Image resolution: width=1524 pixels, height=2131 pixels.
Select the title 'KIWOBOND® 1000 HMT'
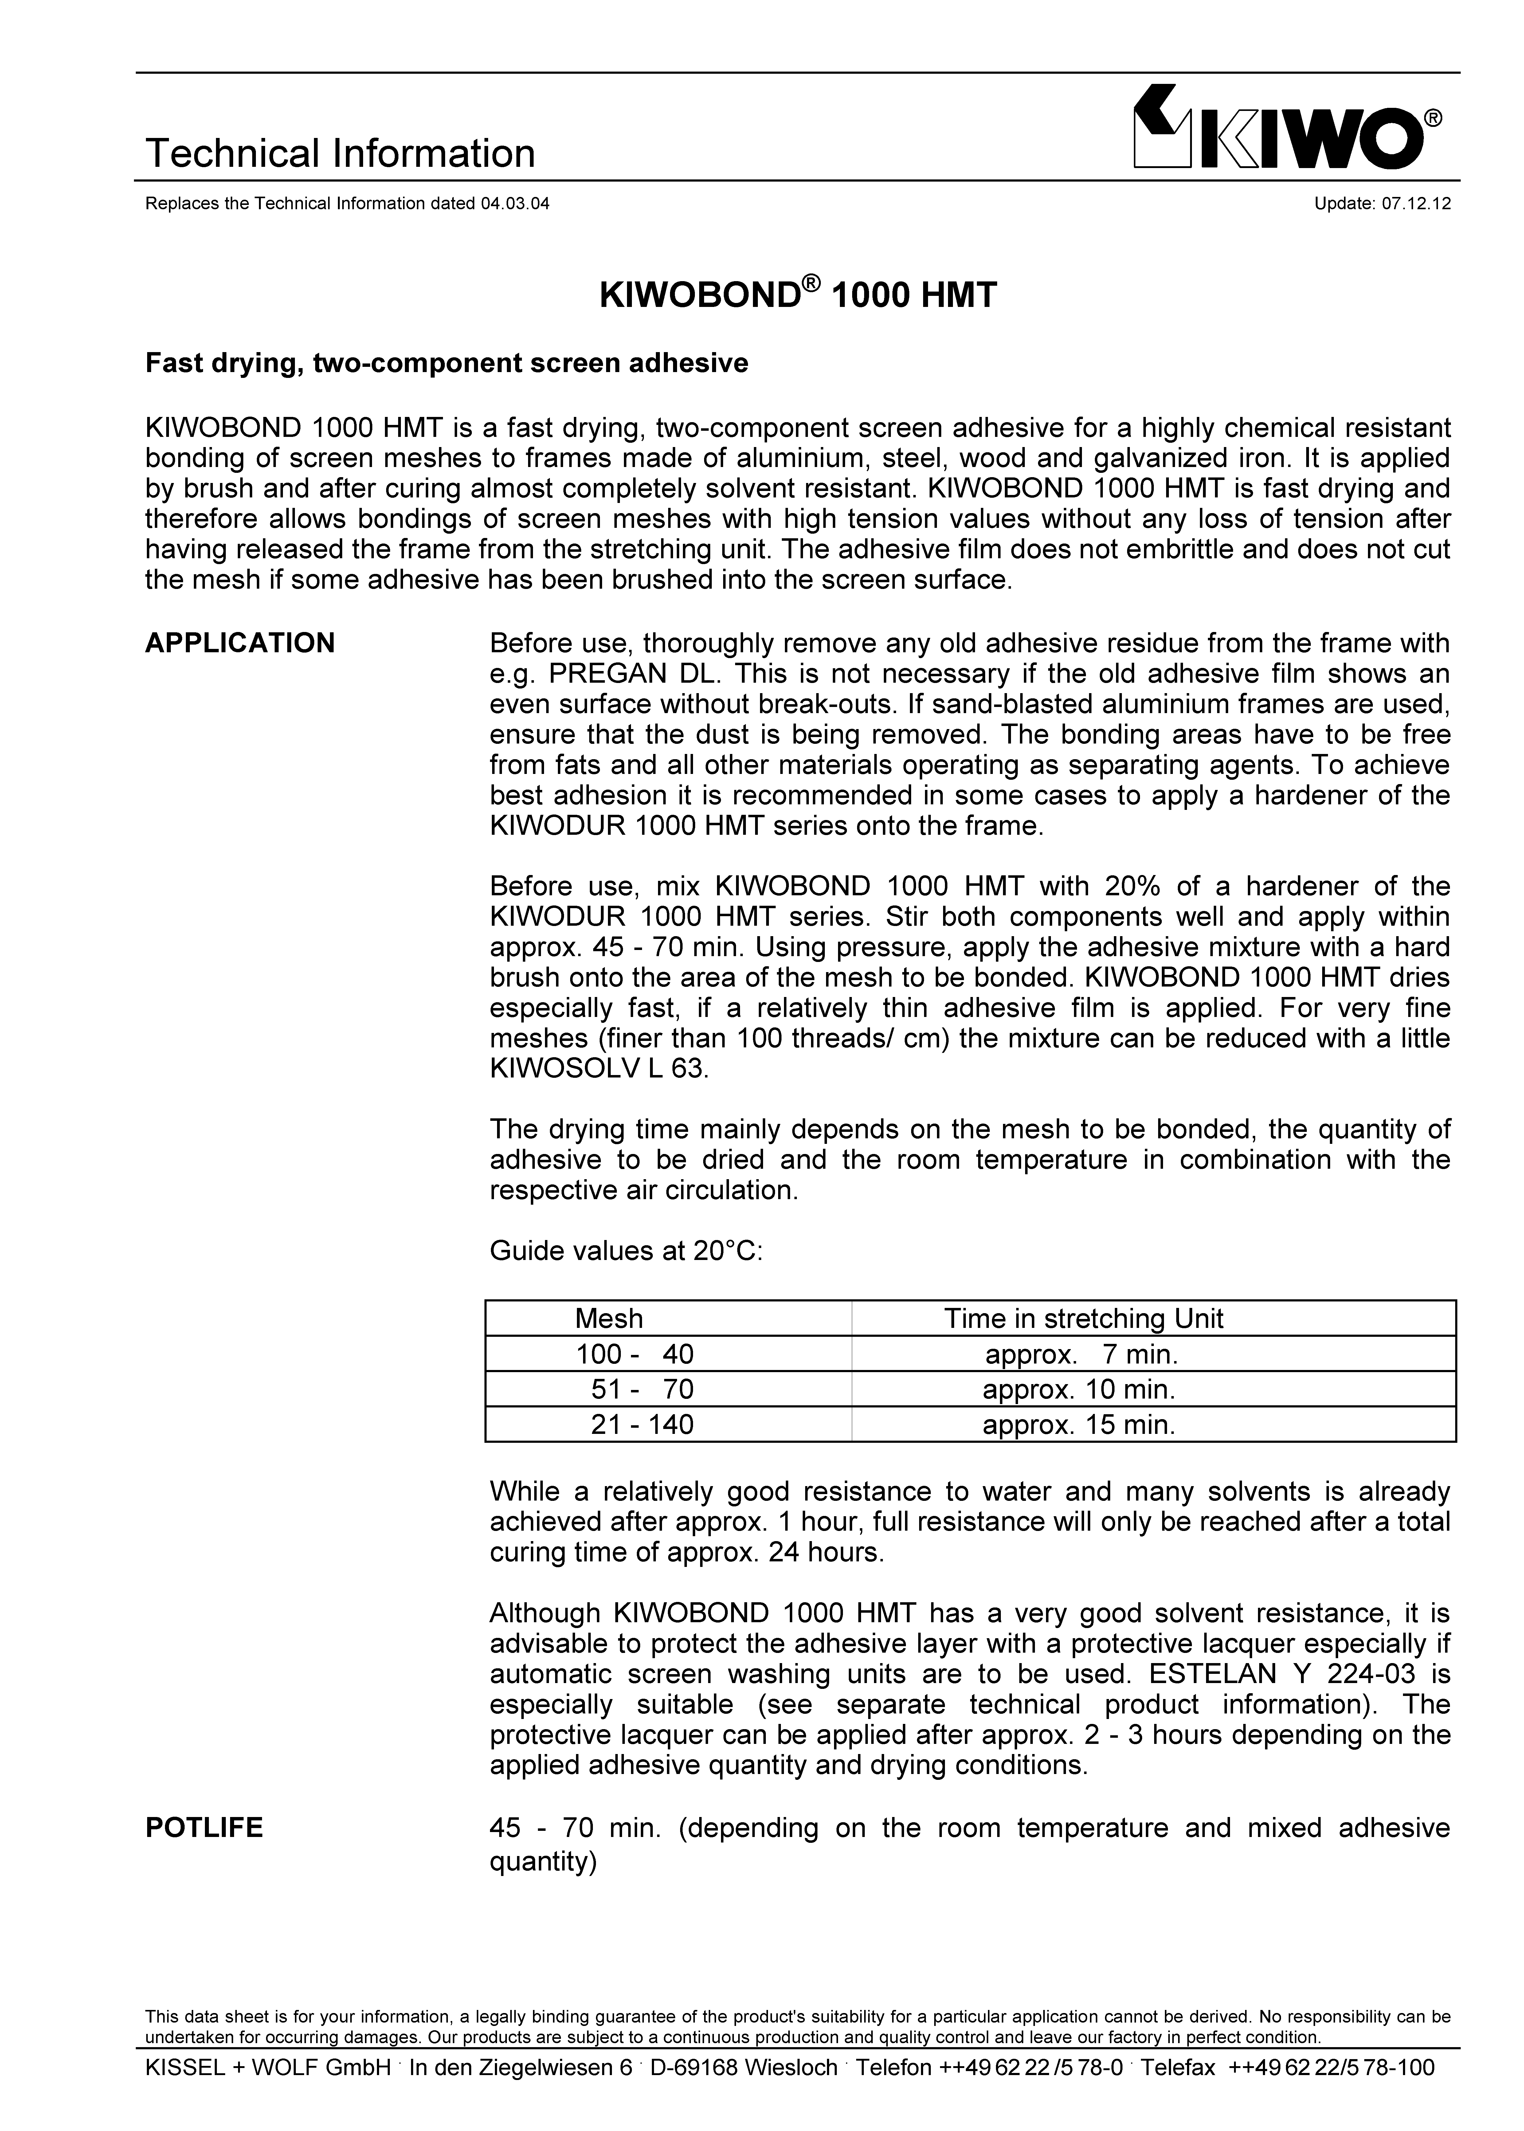(x=797, y=296)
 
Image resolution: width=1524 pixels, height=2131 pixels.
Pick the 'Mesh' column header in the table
(x=609, y=1318)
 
